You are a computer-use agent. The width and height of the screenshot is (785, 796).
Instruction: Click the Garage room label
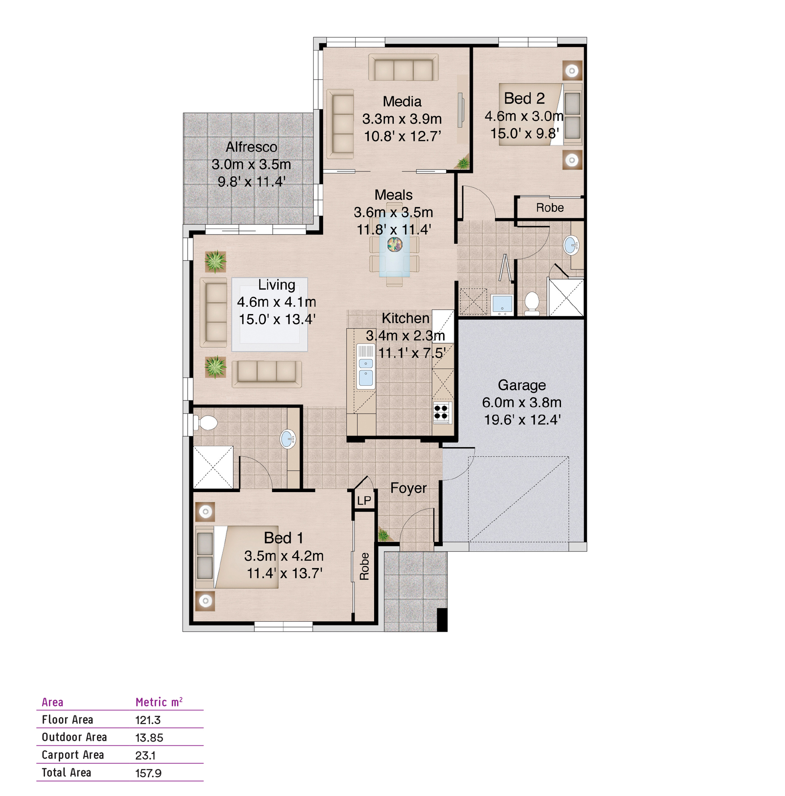click(521, 385)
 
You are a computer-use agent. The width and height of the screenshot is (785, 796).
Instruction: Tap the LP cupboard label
click(363, 500)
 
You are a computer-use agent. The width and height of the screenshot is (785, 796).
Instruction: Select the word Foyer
click(408, 488)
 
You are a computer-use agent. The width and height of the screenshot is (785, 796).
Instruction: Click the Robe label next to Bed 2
click(549, 207)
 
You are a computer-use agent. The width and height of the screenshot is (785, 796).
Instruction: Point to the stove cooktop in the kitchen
click(441, 412)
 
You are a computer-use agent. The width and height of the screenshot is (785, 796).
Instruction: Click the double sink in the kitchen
click(366, 367)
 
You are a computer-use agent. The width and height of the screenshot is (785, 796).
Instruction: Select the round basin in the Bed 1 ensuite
click(287, 439)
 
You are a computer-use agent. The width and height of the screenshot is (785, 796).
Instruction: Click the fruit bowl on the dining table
click(395, 244)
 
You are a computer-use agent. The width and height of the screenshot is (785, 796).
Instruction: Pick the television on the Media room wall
click(461, 110)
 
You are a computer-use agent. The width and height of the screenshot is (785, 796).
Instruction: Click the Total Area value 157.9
click(148, 773)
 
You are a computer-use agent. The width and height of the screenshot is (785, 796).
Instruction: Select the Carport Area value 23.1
click(145, 755)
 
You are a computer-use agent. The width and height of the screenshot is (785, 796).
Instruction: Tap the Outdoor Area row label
click(74, 737)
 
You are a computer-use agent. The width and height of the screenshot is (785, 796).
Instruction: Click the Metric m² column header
click(159, 702)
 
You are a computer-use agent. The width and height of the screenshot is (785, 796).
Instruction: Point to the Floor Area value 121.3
click(148, 720)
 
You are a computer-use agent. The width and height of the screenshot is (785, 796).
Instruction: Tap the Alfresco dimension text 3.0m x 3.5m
click(251, 164)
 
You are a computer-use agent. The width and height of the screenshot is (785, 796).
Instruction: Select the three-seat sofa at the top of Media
click(403, 67)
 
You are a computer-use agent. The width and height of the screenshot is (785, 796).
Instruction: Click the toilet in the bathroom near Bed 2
click(532, 303)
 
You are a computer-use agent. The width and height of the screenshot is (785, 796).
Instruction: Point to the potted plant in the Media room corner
click(462, 162)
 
